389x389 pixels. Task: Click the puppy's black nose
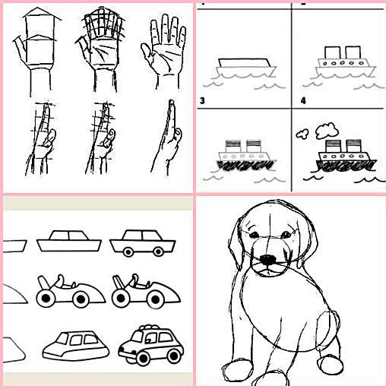pos(268,260)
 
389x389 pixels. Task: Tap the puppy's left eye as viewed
pos(255,236)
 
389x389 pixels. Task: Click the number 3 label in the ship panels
pos(202,101)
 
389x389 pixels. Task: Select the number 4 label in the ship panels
pos(303,101)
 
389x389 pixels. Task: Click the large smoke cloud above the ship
pos(327,131)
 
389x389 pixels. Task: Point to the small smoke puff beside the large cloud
pos(302,134)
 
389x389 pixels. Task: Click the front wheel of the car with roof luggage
pos(143,359)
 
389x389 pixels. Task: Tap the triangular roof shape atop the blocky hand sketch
pos(42,13)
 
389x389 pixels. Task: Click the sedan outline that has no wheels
pos(69,241)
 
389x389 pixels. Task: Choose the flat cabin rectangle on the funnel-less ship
pos(244,63)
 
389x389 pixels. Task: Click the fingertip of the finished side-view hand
pos(172,102)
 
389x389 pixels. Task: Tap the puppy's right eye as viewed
pos(286,235)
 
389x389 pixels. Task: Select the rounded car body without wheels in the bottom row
pos(76,346)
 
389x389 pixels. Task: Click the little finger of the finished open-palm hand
pos(182,36)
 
